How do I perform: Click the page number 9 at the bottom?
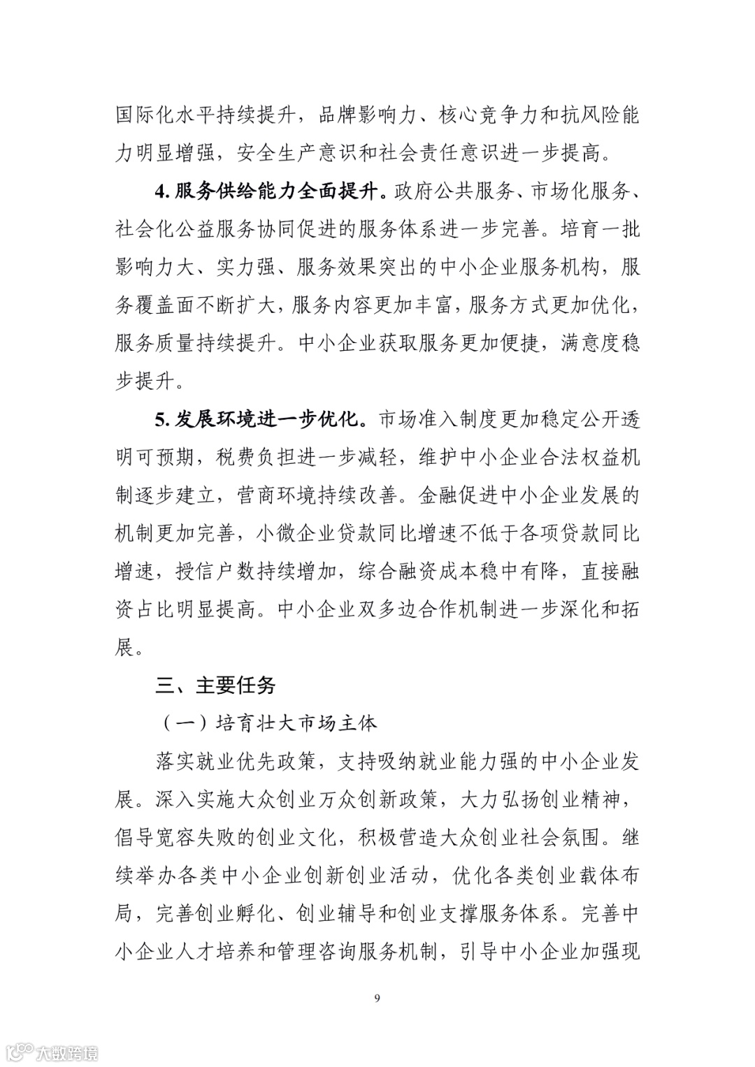click(377, 997)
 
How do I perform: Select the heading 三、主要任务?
click(216, 685)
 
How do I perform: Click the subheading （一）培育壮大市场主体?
click(266, 723)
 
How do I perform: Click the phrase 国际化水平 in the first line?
click(166, 115)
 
